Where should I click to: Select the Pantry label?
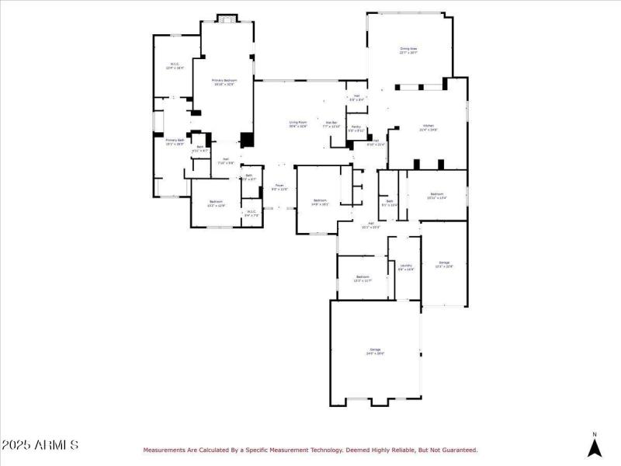[356, 128]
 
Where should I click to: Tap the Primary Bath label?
[175, 141]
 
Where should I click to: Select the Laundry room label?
[406, 267]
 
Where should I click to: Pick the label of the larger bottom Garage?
[376, 351]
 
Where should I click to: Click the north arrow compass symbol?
[595, 448]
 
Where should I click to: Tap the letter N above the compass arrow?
[595, 434]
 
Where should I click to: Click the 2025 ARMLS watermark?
[40, 445]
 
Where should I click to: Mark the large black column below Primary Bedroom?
[247, 140]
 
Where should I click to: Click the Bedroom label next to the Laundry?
[363, 278]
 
